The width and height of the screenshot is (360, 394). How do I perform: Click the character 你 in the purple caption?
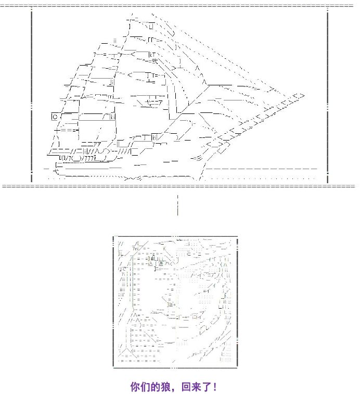click(136, 387)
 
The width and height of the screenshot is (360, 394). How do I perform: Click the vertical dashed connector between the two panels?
click(177, 205)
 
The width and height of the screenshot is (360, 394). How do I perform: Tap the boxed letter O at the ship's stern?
click(54, 117)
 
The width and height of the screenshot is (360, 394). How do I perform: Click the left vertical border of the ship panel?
click(32, 94)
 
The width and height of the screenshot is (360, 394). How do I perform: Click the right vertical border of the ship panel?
click(328, 94)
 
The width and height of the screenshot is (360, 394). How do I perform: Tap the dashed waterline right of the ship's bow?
click(260, 168)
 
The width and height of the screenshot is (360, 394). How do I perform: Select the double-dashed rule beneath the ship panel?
click(180, 185)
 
